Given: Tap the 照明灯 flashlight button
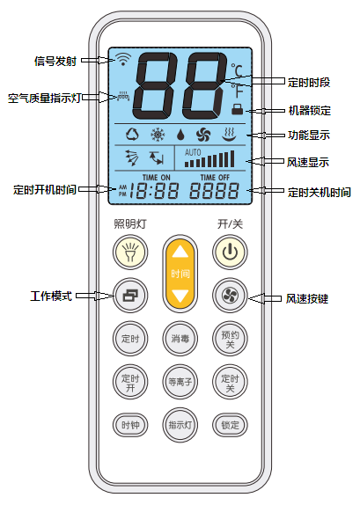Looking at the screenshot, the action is tap(130, 252).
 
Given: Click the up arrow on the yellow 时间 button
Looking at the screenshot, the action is tap(180, 252).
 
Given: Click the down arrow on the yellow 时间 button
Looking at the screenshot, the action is tap(180, 296).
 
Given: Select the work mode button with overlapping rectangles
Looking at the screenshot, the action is tap(130, 296).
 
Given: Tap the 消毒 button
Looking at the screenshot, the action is tap(180, 339).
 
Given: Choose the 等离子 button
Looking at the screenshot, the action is tap(180, 382).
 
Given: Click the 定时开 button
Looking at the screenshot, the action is tap(130, 382).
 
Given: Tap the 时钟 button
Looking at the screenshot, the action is tap(130, 425).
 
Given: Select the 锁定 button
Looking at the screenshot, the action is tap(230, 425).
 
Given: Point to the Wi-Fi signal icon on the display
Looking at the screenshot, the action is tap(123, 60).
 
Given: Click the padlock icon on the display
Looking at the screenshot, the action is tap(237, 109).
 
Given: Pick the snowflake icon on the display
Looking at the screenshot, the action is tap(158, 135).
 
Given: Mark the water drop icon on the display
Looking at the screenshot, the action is tap(180, 135).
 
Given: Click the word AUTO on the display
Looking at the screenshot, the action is tap(193, 152).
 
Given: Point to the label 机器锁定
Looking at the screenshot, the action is tap(310, 111).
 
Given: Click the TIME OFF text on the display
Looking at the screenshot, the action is tap(215, 178).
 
